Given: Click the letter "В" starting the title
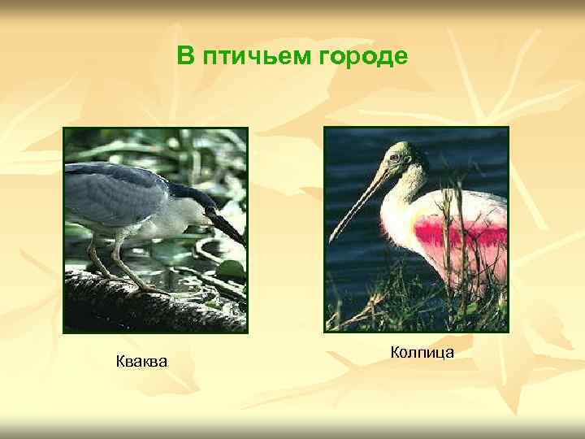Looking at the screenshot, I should (x=186, y=56).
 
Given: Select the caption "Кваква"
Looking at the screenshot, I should (x=142, y=360).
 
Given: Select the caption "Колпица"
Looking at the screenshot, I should (x=422, y=352).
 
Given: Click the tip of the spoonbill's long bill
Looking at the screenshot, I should (x=331, y=241).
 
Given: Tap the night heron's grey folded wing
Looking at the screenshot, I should (x=114, y=191).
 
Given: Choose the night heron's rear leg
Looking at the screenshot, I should (x=96, y=260).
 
